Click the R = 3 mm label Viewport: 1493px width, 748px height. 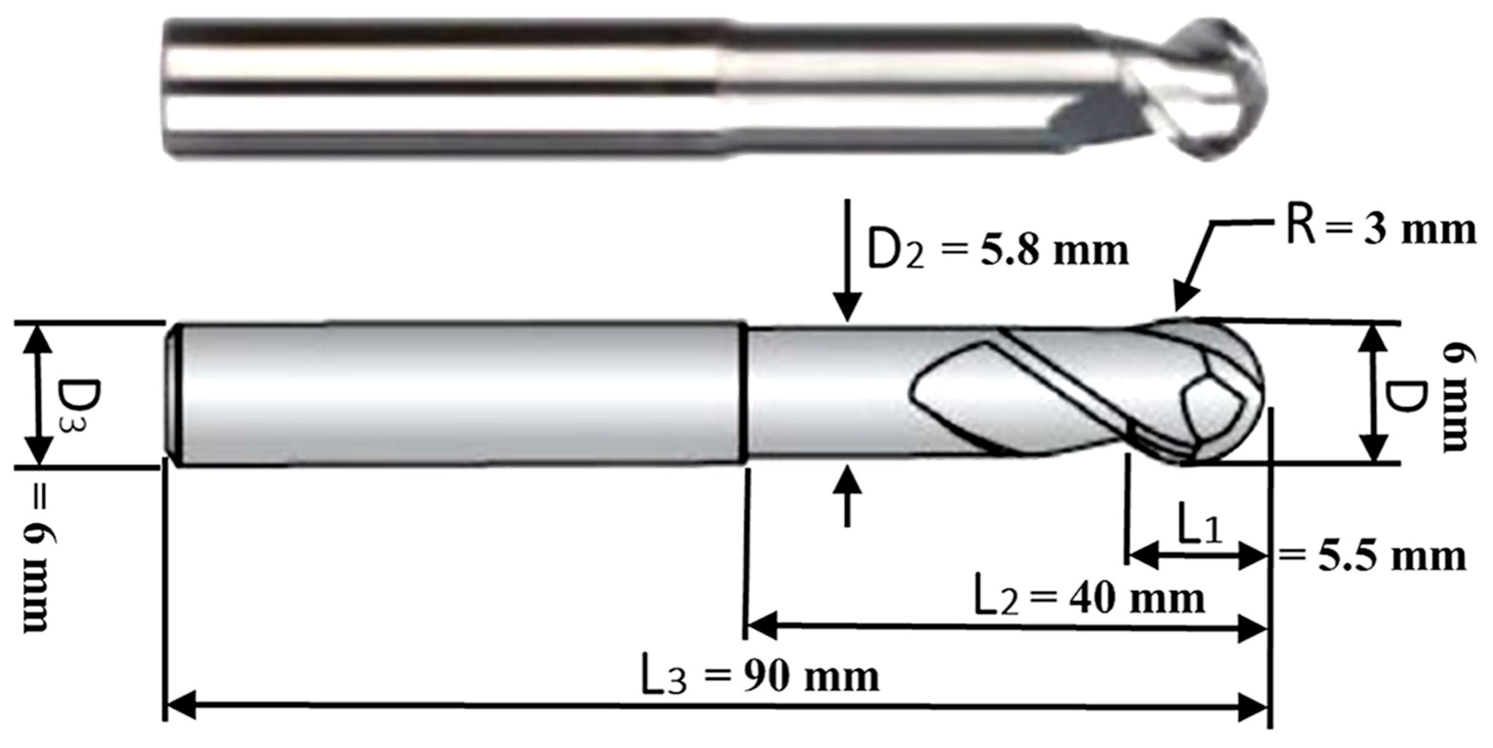(1380, 229)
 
